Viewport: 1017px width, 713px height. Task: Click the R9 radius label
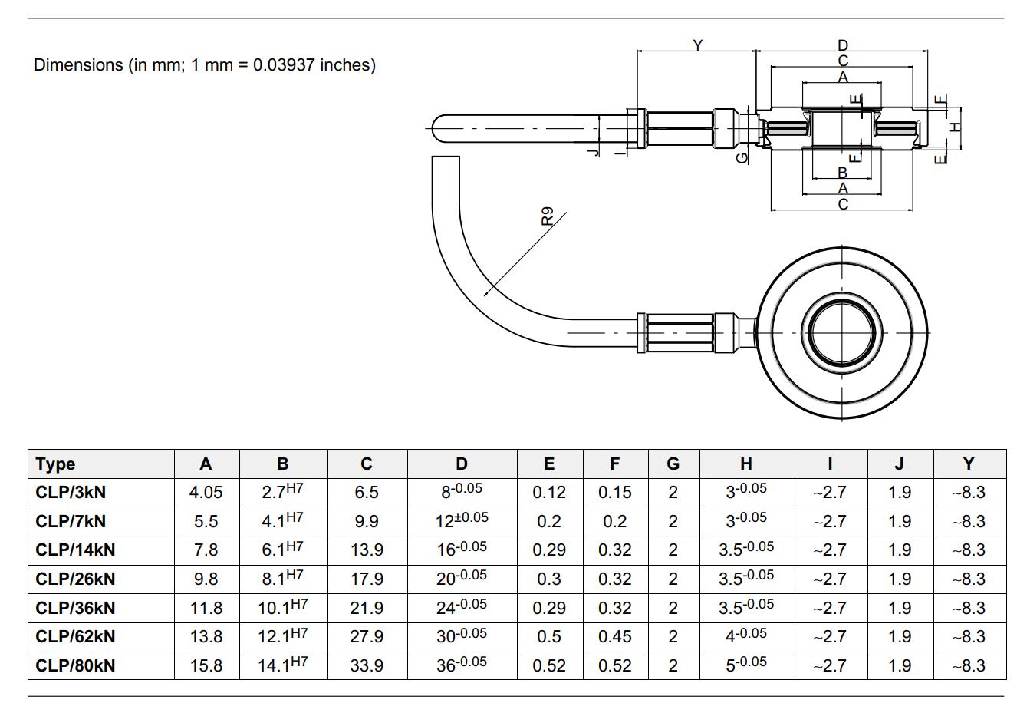point(548,216)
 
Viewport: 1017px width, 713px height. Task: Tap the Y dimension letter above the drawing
point(698,45)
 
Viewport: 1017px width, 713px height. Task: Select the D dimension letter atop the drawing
point(843,45)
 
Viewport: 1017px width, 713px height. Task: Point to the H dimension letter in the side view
point(956,127)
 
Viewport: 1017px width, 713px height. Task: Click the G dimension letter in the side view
point(742,157)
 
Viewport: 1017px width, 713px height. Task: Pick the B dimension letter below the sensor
point(843,173)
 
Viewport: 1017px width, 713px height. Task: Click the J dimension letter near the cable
point(594,151)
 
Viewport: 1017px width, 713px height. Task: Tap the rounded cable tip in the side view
point(436,129)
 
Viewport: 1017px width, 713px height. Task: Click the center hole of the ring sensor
point(842,332)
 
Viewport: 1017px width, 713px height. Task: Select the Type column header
point(55,464)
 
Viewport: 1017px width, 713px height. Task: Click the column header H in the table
point(746,464)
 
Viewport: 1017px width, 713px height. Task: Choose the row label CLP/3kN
point(71,492)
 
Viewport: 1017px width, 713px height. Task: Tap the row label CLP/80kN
point(75,665)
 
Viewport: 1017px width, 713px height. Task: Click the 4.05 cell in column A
point(206,493)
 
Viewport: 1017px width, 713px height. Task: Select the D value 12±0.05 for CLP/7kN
point(462,520)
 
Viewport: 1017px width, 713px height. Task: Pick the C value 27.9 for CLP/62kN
point(367,637)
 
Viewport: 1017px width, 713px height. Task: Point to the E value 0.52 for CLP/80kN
point(549,665)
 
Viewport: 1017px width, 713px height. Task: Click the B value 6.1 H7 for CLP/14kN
point(282,549)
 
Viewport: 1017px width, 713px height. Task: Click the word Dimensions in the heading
point(78,65)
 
